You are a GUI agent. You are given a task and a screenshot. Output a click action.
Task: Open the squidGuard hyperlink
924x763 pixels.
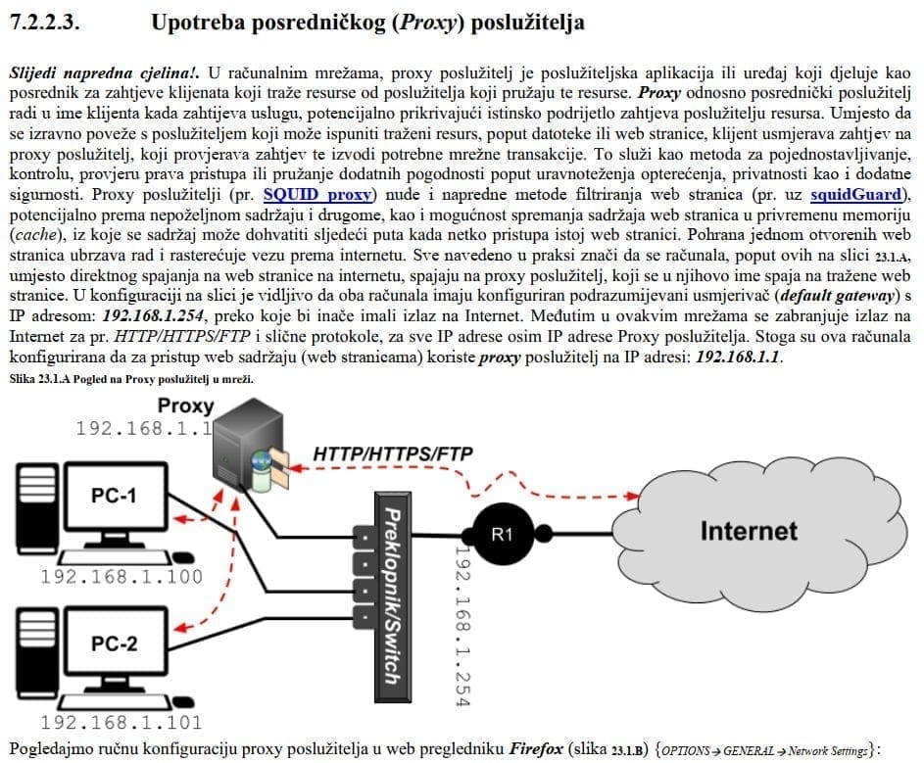tap(857, 194)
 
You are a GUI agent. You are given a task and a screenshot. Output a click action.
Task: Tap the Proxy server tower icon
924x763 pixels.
tap(245, 447)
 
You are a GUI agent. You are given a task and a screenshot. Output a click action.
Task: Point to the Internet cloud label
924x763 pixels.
tap(749, 531)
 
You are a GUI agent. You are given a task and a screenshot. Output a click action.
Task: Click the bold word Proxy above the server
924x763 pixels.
tap(185, 405)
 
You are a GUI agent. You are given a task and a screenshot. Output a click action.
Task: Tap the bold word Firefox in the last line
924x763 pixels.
tap(536, 749)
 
